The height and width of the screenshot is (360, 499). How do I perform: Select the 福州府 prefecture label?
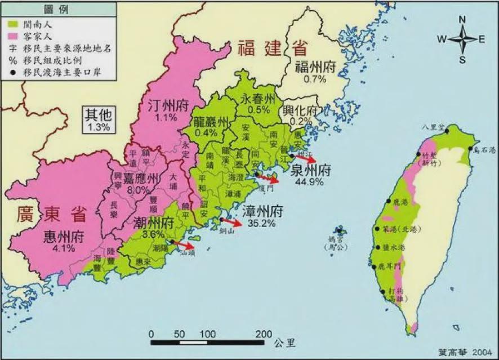pos(315,68)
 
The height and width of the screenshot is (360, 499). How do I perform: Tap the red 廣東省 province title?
pos(52,214)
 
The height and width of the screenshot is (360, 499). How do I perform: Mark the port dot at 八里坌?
pos(447,131)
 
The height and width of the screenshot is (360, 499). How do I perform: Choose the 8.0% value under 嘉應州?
pos(138,190)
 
